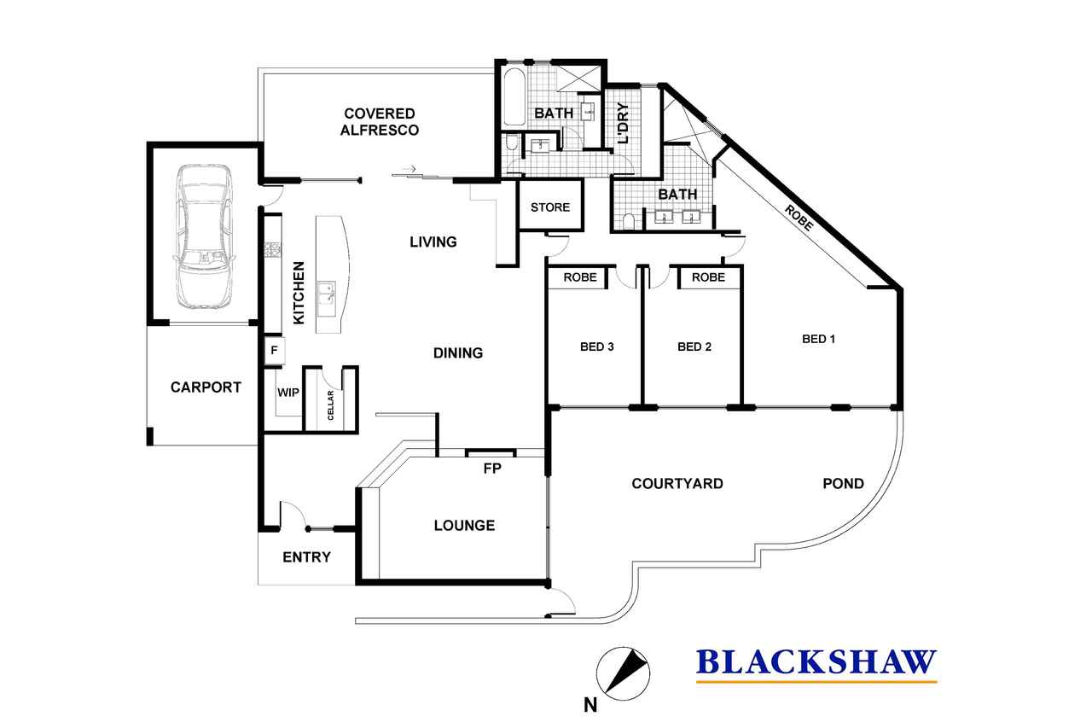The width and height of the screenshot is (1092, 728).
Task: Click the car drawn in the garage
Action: click(204, 236)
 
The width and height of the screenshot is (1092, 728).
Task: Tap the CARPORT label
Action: click(206, 387)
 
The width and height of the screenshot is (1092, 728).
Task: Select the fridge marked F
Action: click(275, 350)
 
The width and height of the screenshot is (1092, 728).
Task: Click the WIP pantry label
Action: click(288, 393)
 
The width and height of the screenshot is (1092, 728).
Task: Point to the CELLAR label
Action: click(330, 405)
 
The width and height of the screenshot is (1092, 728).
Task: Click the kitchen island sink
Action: click(327, 293)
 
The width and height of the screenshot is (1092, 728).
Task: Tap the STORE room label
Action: click(550, 207)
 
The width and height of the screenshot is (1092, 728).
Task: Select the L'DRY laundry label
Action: click(623, 123)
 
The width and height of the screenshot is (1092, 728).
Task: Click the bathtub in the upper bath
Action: click(514, 97)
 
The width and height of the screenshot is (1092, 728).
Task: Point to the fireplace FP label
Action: click(492, 469)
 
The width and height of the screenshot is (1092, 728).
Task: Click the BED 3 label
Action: click(596, 347)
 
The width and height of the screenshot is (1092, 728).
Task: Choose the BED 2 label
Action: click(694, 347)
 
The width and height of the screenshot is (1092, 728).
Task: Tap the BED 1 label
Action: click(818, 339)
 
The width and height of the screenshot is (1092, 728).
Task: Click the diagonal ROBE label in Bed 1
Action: click(799, 218)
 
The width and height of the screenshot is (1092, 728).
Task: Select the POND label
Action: click(844, 484)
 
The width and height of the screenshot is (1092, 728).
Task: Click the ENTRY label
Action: click(306, 556)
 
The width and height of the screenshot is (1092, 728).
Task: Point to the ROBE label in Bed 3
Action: click(580, 277)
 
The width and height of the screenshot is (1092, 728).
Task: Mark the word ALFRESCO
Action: click(380, 131)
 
